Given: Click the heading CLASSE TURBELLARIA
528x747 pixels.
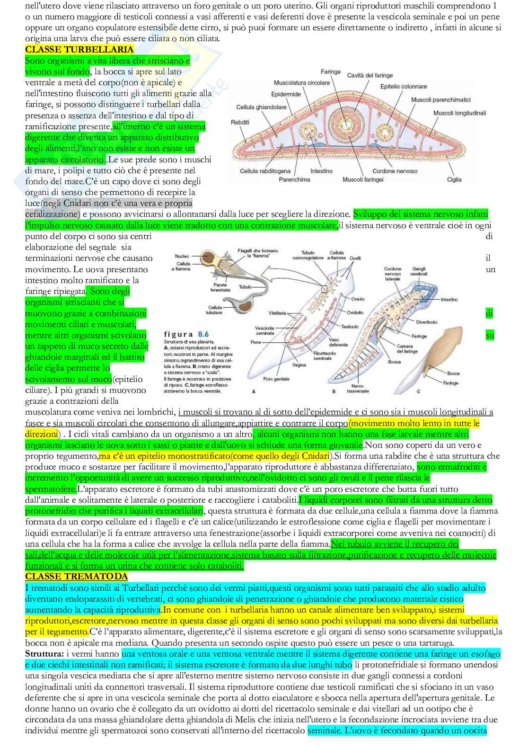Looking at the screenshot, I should point(79,50).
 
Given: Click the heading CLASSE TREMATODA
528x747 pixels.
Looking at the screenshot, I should point(76,577).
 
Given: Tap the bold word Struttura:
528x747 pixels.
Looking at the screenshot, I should point(45,654).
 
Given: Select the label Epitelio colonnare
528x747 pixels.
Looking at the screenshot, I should point(403,87).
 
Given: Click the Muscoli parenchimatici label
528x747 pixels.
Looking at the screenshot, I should point(440,100).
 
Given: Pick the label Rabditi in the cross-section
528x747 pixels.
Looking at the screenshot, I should point(240,122).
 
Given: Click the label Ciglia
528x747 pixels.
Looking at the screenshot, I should point(454,179).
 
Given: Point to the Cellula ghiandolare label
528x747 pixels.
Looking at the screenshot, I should point(261,107).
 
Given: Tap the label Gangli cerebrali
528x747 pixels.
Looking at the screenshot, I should point(419,271).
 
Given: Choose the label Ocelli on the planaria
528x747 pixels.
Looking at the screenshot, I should point(355,258).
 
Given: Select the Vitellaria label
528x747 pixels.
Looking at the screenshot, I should point(277,313).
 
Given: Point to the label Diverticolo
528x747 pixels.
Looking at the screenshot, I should point(426,322).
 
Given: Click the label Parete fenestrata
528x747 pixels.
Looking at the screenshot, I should point(220,287).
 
